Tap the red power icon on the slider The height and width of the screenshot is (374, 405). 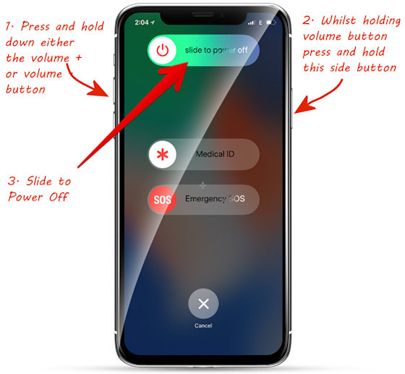163,50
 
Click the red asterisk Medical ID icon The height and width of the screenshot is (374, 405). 163,155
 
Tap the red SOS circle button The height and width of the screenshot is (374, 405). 162,200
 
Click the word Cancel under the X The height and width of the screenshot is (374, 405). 203,326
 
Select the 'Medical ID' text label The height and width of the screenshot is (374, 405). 216,154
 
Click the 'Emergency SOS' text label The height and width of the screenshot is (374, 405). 216,199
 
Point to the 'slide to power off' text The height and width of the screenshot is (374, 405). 216,50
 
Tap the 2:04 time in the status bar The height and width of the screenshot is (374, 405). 142,22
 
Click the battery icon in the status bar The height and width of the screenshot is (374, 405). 271,22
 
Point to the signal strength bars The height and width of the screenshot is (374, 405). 251,23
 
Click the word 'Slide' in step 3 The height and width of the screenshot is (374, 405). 40,181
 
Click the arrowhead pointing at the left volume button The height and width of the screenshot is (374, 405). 100,89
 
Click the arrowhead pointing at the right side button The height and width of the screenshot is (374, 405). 304,106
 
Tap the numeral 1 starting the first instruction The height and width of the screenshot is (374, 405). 8,26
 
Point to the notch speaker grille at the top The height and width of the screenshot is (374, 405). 203,14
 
